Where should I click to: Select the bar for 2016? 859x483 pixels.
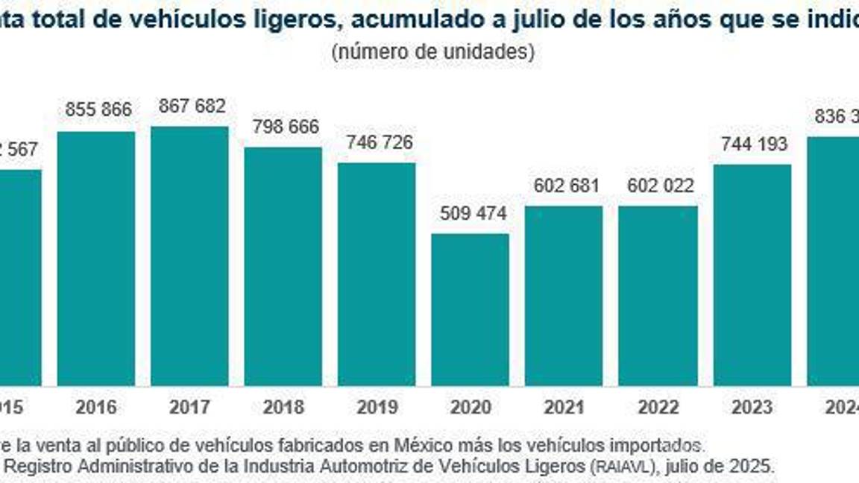click(x=96, y=259)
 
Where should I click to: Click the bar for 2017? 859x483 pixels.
click(x=189, y=256)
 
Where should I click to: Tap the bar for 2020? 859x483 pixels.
click(x=471, y=309)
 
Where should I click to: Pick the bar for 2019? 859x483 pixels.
click(x=377, y=274)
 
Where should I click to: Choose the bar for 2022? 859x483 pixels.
click(x=658, y=295)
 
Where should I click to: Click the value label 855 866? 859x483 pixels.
click(x=98, y=110)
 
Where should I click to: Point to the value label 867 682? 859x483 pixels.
click(x=192, y=106)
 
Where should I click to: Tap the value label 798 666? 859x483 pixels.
click(x=285, y=127)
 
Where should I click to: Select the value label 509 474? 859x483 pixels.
click(x=473, y=214)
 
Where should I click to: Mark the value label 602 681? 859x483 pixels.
click(x=566, y=186)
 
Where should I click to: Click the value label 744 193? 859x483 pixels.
click(x=754, y=144)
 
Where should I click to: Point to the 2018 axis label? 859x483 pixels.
click(x=283, y=408)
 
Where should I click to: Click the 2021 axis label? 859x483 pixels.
click(x=564, y=408)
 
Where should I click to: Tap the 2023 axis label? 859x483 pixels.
click(x=752, y=408)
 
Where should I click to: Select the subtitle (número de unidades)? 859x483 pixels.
click(x=432, y=52)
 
